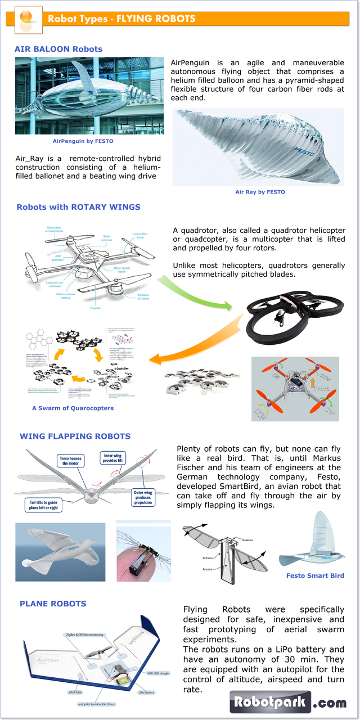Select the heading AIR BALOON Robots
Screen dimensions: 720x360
coord(58,49)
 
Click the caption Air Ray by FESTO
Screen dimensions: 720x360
coord(260,192)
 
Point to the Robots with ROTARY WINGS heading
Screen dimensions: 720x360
coord(78,207)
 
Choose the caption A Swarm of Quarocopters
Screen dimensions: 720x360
coord(73,408)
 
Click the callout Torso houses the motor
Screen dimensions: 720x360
coord(71,461)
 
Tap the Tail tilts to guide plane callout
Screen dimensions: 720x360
coord(43,505)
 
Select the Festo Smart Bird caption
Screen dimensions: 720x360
coord(315,575)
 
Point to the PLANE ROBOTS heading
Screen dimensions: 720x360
coord(53,604)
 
